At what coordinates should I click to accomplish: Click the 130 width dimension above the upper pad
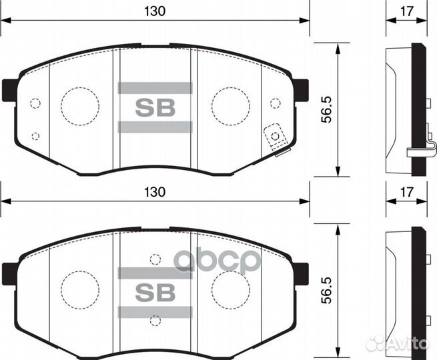click(155, 11)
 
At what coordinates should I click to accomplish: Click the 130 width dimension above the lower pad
click(155, 191)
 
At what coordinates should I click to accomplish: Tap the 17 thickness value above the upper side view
click(407, 11)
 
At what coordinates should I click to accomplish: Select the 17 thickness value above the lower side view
click(407, 191)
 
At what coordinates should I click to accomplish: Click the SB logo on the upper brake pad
click(155, 107)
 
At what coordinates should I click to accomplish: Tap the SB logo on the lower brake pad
click(155, 292)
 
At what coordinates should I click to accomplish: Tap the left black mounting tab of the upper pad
click(9, 90)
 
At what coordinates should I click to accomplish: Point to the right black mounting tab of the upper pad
click(301, 90)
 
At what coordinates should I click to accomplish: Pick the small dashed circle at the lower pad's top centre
click(155, 259)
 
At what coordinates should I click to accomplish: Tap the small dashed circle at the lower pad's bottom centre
click(155, 321)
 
